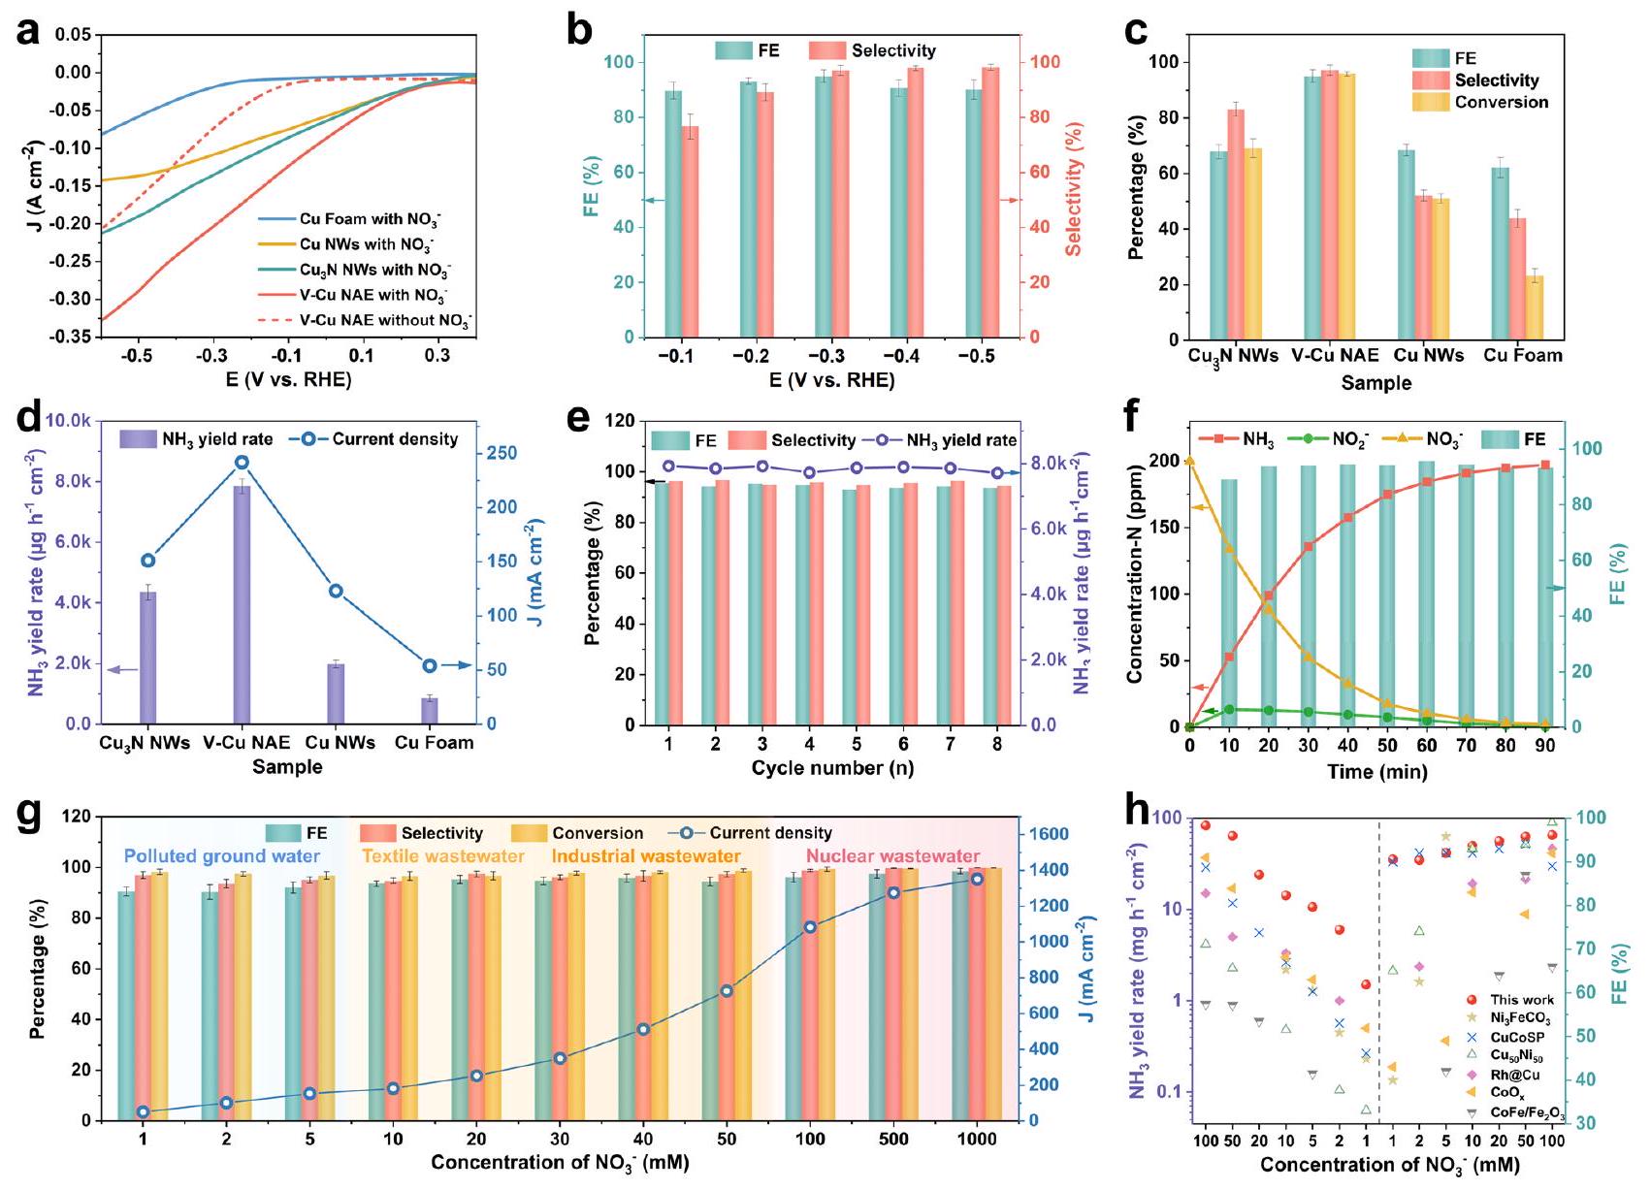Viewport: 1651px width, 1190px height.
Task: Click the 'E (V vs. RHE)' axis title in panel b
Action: [831, 380]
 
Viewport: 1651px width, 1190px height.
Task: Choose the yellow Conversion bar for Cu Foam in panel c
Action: [1534, 307]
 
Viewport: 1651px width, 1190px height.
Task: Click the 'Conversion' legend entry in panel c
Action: [1501, 102]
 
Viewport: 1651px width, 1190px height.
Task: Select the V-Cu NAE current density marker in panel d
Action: [243, 463]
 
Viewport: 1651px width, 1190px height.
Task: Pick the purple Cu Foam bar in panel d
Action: [430, 711]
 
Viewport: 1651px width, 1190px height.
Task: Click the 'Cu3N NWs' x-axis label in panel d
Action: [146, 743]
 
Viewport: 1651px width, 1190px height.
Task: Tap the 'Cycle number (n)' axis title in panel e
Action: [831, 768]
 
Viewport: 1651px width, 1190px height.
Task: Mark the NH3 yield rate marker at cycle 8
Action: [996, 473]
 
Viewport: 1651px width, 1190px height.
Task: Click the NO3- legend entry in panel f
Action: [1443, 440]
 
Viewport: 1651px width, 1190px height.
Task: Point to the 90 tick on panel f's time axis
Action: [1544, 746]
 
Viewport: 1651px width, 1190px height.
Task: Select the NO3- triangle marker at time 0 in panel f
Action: [1190, 462]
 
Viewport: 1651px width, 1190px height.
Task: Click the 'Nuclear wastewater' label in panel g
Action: [892, 856]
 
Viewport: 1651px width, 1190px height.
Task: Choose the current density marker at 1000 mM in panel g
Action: [977, 879]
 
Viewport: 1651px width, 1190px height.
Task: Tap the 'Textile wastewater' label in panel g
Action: [442, 856]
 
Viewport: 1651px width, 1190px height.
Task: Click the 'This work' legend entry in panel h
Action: [1521, 1000]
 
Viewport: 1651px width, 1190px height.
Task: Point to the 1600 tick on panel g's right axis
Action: [1048, 834]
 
